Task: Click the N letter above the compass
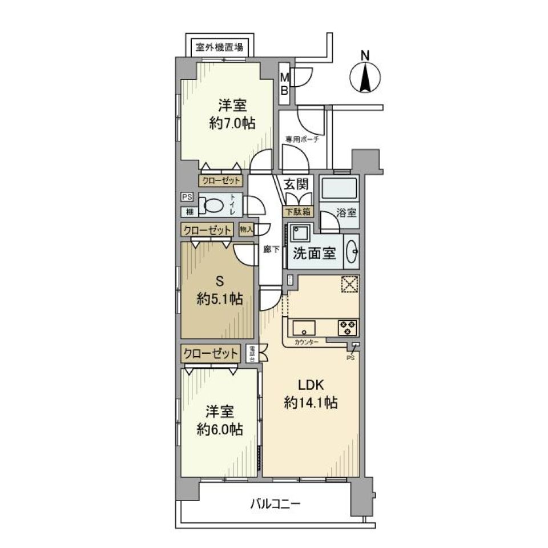point(365,55)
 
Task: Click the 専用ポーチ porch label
point(301,139)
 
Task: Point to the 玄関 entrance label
point(297,184)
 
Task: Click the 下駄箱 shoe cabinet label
point(297,211)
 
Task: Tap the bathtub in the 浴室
point(339,188)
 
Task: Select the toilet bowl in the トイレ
point(215,205)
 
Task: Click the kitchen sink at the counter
point(304,328)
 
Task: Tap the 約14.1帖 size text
point(311,403)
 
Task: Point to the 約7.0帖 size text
point(232,123)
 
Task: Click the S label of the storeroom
point(219,281)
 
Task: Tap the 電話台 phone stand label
point(252,353)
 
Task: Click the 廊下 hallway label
point(271,249)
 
